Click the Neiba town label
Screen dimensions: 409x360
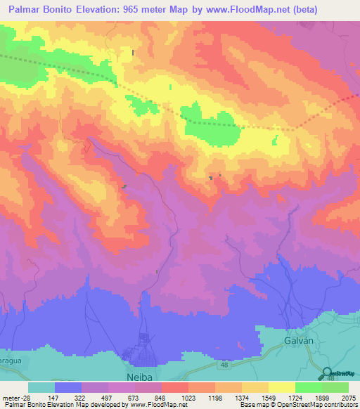click(x=139, y=368)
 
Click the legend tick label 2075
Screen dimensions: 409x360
click(x=349, y=398)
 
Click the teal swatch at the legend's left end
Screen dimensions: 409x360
click(x=41, y=387)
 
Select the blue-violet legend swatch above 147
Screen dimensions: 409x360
click(x=68, y=387)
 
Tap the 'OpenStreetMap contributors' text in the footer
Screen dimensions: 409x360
click(x=323, y=405)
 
